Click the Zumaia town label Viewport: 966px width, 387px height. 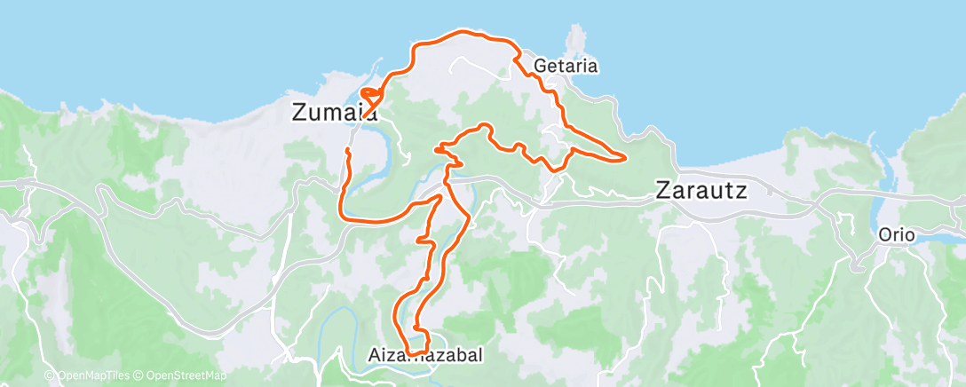(332, 113)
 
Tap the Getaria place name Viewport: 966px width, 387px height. (566, 66)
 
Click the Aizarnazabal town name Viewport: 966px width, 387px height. (425, 355)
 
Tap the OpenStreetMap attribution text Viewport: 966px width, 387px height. (182, 376)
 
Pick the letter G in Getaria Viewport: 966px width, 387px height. (541, 66)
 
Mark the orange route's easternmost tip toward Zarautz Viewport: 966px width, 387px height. (625, 159)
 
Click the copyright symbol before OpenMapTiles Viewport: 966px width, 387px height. (50, 376)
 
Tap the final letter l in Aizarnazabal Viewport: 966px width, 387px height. (480, 355)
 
